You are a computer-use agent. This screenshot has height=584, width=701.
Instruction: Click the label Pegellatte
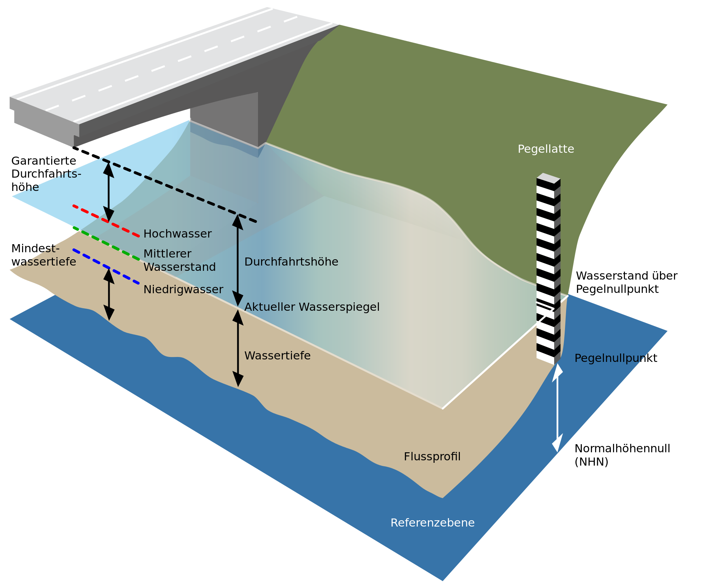click(x=546, y=149)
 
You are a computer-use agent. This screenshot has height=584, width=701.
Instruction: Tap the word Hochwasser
click(x=177, y=234)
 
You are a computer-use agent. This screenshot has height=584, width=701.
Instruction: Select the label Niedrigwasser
click(x=183, y=289)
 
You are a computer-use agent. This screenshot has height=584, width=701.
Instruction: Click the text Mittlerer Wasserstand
click(x=179, y=260)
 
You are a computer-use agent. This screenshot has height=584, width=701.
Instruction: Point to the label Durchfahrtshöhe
click(x=291, y=262)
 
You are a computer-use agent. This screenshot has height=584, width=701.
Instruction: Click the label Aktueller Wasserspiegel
click(x=312, y=307)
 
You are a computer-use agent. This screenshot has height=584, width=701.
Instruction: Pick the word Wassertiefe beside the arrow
click(x=277, y=356)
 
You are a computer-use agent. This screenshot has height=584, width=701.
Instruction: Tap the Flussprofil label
click(x=432, y=456)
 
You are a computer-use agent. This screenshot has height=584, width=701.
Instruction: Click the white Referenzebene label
click(x=432, y=523)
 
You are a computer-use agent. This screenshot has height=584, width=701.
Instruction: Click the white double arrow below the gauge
click(x=557, y=408)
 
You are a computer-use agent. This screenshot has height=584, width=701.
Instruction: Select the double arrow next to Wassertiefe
click(x=238, y=349)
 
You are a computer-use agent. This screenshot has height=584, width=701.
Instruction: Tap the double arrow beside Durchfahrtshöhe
click(x=238, y=261)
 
